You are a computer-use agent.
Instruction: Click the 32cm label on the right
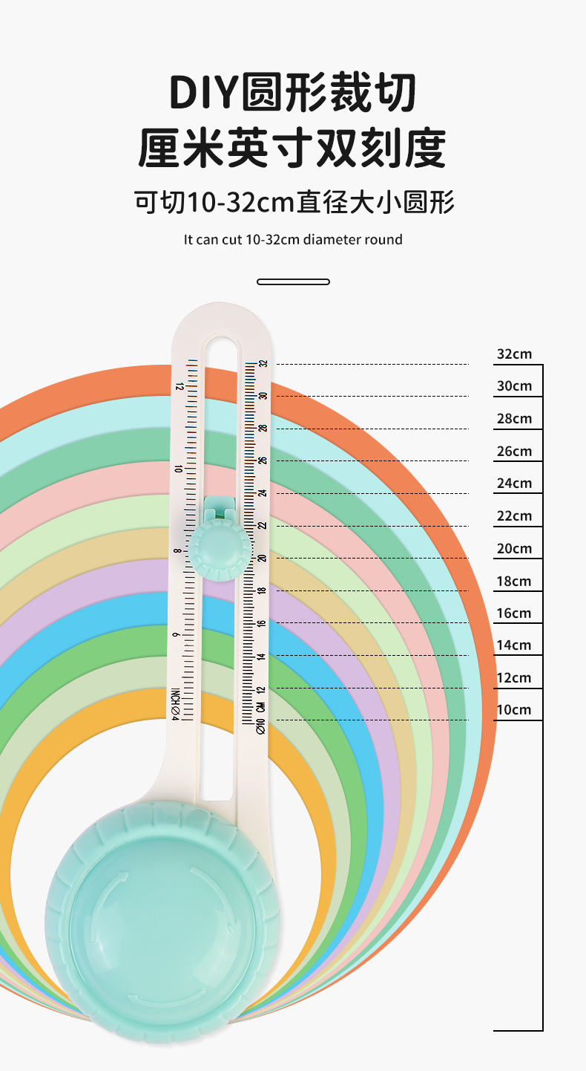[514, 354]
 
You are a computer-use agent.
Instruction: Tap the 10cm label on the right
[514, 710]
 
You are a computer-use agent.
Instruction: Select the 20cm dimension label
[514, 549]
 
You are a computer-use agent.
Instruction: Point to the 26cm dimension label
[514, 452]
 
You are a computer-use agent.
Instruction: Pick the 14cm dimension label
[514, 645]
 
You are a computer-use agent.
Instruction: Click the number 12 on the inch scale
[179, 387]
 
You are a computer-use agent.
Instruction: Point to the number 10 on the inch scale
[178, 469]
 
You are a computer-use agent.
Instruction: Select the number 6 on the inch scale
[176, 635]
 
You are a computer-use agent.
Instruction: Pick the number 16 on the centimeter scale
[261, 624]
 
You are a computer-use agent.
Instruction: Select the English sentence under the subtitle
[293, 240]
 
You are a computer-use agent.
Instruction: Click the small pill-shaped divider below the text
[293, 282]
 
